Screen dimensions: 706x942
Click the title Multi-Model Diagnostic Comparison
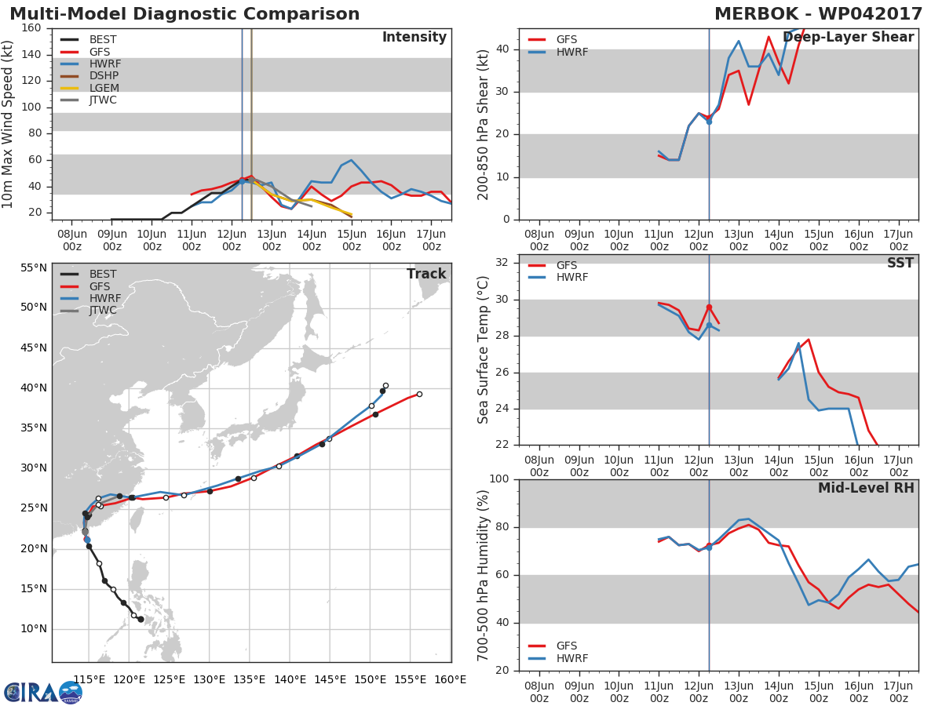click(184, 14)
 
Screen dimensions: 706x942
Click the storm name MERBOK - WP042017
click(818, 14)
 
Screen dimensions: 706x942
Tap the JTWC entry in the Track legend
click(103, 311)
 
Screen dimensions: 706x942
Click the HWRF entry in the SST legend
click(571, 278)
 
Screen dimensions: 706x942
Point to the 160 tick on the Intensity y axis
click(31, 28)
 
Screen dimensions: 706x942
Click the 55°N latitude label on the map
click(34, 267)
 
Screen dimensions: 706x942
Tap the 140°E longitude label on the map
click(290, 679)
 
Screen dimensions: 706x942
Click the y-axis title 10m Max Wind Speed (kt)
click(9, 124)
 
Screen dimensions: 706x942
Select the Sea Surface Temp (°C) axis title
click(484, 350)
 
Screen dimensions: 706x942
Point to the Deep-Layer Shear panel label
click(848, 38)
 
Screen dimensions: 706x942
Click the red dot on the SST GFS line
click(709, 307)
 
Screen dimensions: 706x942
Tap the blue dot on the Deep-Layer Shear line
click(709, 122)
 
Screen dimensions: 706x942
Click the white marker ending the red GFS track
click(419, 394)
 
